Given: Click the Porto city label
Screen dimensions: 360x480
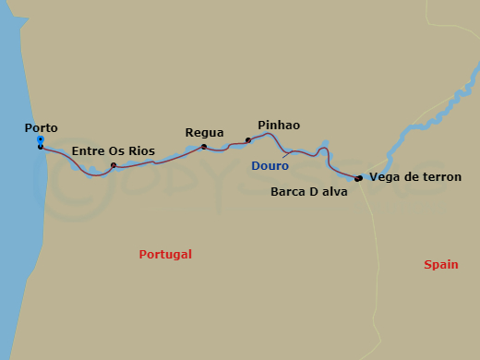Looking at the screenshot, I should point(43,128).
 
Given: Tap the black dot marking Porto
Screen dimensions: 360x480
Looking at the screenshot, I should point(41,147).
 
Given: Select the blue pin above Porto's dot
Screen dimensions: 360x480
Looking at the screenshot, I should point(41,139).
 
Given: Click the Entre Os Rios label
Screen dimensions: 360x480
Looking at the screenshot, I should point(113,150).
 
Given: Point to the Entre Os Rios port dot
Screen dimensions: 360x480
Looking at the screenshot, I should point(114,166).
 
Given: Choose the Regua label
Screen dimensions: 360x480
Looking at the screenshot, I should point(204,133).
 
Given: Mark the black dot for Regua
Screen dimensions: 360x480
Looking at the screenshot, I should point(204,146).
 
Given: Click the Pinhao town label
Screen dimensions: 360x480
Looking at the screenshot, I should point(279,125).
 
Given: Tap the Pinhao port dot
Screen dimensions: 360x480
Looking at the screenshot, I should point(247,140).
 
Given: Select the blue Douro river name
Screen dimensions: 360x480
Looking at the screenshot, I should point(270,166).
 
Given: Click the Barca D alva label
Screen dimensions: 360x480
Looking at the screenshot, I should point(308,193).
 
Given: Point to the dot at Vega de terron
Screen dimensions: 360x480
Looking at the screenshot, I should point(357,178).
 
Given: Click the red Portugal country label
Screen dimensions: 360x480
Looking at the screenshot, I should point(165,254).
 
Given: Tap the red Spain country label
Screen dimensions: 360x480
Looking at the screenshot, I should point(441,265).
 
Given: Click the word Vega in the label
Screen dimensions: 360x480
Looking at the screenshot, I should point(383,176).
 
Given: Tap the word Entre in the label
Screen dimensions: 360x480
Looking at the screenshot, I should point(88,150).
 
